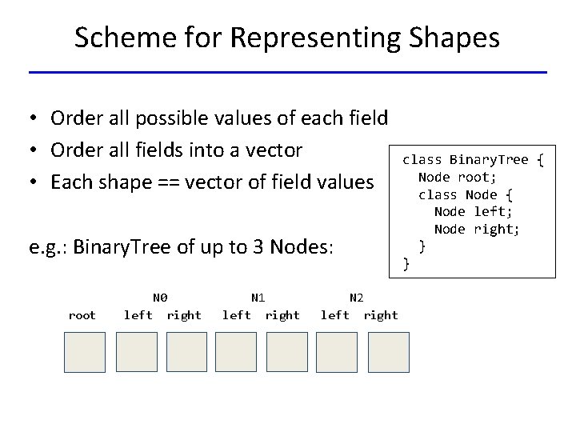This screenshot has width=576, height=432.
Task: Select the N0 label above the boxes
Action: tap(160, 298)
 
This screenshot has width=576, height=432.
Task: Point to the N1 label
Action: tap(258, 298)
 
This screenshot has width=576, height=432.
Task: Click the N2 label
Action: tap(357, 298)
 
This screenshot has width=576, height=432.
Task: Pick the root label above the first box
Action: tap(82, 315)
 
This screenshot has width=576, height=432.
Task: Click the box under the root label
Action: tap(85, 352)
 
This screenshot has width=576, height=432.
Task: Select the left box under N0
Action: tap(137, 352)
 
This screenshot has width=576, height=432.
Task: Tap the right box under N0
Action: tap(186, 352)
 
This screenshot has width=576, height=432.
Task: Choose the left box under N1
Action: tap(236, 352)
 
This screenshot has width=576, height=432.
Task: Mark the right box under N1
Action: tap(286, 352)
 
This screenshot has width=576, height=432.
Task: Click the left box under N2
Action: tap(337, 352)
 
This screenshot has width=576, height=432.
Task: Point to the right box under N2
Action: tap(389, 352)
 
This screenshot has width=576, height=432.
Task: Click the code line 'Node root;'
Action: tap(458, 177)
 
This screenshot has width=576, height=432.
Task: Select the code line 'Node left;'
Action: tap(474, 212)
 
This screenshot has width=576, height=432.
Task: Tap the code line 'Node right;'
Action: tap(477, 230)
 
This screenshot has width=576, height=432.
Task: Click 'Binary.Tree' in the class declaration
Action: tap(489, 159)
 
